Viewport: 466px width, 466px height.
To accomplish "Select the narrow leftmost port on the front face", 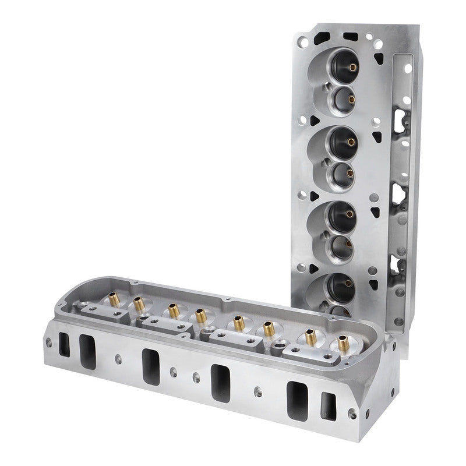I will click(62, 341).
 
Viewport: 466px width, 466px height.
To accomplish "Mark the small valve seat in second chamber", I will click(343, 172).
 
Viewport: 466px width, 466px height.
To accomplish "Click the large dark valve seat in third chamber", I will click(340, 215).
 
